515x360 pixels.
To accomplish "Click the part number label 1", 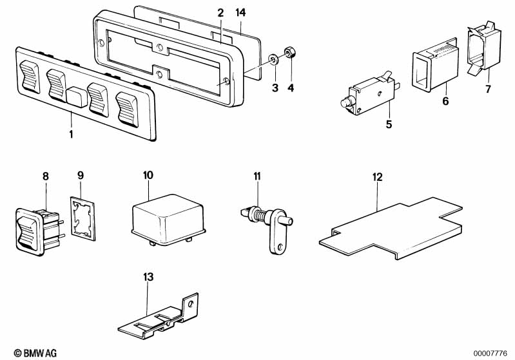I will click(71, 135).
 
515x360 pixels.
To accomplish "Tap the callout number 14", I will click(240, 13).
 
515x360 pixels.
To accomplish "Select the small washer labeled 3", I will click(274, 61).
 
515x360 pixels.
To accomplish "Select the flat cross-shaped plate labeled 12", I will click(390, 229).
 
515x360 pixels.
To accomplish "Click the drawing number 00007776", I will click(492, 352).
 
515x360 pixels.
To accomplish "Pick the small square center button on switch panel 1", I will click(77, 97).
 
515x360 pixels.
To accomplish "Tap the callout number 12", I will click(377, 175).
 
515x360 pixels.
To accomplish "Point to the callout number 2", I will click(220, 13).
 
